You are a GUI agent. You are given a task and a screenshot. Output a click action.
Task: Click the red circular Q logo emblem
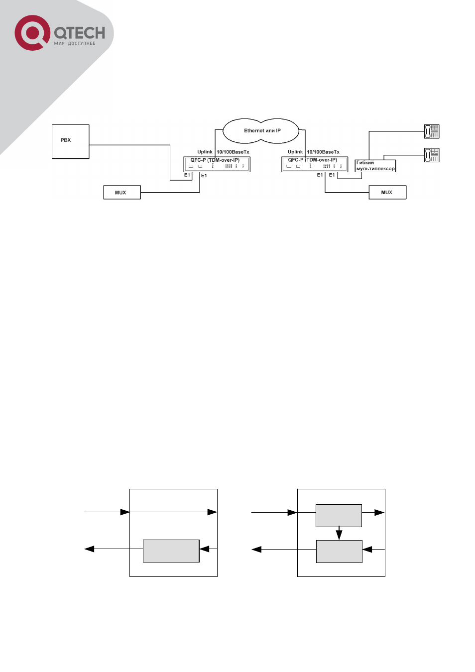click(x=32, y=33)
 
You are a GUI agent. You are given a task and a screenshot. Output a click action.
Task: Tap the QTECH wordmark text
click(x=80, y=33)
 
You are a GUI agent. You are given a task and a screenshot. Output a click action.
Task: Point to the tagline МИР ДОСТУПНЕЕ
click(x=74, y=43)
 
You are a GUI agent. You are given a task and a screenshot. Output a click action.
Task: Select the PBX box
click(x=71, y=141)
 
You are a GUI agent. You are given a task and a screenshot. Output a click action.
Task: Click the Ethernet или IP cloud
click(x=261, y=131)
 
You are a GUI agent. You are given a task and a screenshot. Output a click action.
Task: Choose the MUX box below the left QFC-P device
click(x=122, y=192)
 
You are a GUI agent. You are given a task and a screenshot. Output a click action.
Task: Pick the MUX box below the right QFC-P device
click(x=387, y=192)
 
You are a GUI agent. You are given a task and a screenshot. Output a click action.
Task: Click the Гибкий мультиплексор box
click(x=375, y=166)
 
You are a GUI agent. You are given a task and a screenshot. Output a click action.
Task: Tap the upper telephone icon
click(x=432, y=131)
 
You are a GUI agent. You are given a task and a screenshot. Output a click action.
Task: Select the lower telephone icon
click(x=432, y=155)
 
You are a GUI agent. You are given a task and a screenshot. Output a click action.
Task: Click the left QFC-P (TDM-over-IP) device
click(x=217, y=164)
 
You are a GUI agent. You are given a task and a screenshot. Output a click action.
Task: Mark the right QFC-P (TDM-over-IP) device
click(x=315, y=164)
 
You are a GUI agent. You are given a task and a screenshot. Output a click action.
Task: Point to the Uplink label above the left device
click(x=205, y=152)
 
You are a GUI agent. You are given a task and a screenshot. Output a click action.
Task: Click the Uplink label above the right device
click(x=295, y=152)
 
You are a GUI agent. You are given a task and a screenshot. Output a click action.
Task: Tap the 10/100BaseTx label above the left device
click(x=233, y=152)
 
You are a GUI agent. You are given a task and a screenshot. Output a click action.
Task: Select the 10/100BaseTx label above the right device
click(x=323, y=152)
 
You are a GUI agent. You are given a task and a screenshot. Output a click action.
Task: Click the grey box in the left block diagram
click(x=171, y=551)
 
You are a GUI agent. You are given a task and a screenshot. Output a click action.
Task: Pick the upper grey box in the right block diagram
click(x=339, y=516)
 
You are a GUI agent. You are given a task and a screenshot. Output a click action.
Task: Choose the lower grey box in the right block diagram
click(x=340, y=552)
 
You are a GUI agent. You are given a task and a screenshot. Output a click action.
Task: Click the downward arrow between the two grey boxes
click(x=339, y=533)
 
